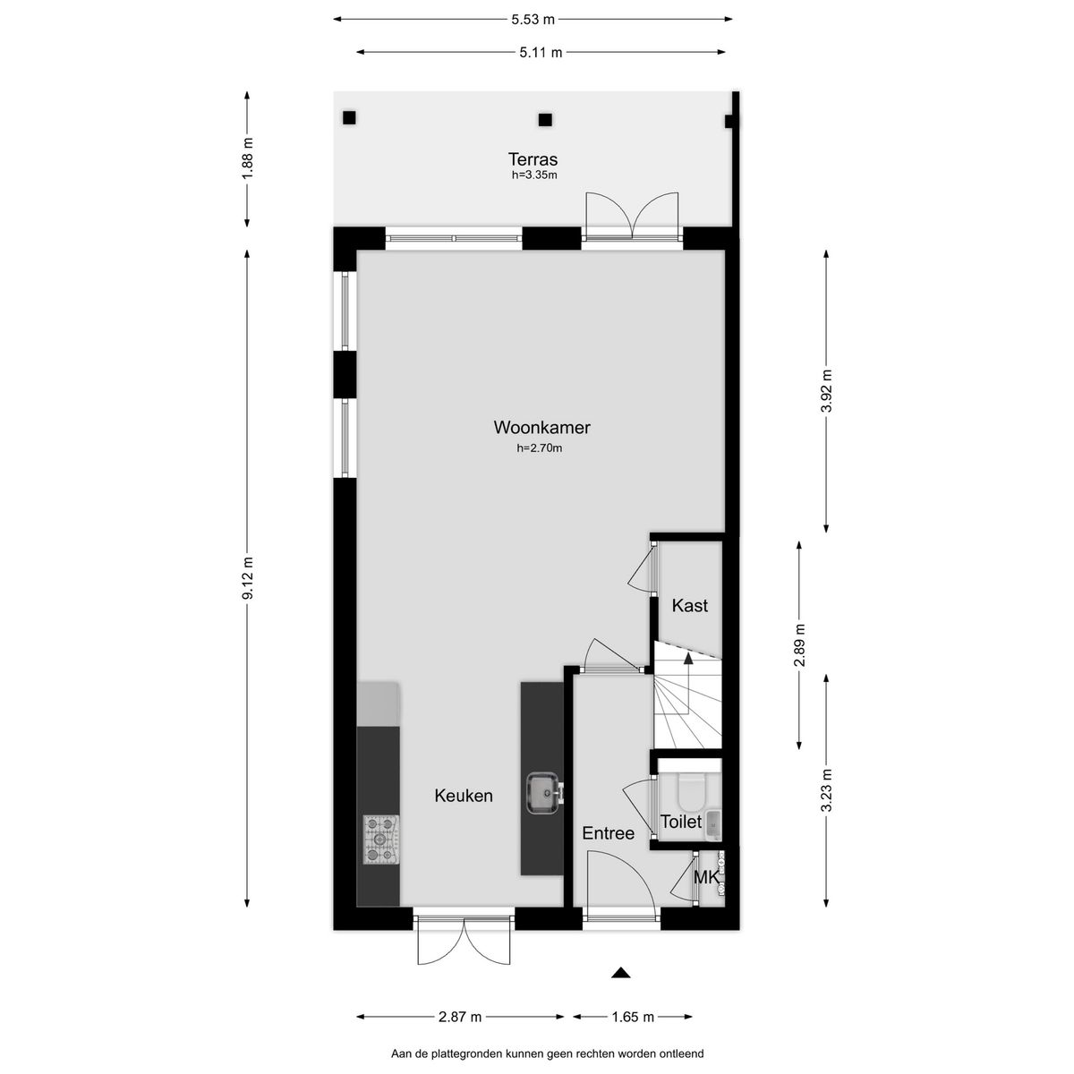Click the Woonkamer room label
[x=541, y=427]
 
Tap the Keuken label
[x=464, y=795]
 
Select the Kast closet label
[x=689, y=606]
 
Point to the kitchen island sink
[x=542, y=792]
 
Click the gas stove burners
[x=381, y=840]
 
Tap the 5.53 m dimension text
[x=533, y=18]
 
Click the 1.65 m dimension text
[x=633, y=1017]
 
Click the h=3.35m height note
[x=534, y=175]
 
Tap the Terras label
[x=534, y=160]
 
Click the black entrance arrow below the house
[x=622, y=973]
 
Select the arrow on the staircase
[x=688, y=659]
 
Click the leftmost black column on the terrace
[x=349, y=118]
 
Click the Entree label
[x=608, y=833]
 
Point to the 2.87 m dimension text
[x=461, y=1017]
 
